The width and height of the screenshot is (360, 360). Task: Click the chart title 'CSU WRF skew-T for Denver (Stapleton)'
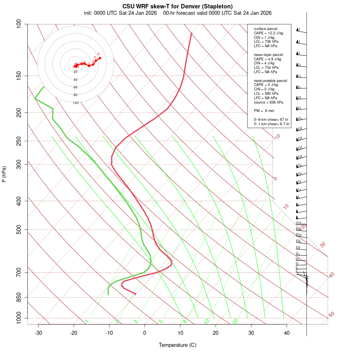point(177,6)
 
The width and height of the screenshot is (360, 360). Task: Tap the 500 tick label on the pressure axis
point(19,230)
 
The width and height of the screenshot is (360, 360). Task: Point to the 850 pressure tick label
point(19,297)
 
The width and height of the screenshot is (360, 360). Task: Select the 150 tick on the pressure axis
point(19,76)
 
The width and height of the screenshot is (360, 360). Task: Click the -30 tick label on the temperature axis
point(38,333)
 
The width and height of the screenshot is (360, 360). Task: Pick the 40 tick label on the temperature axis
point(287,333)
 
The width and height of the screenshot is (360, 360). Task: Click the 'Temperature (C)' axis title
point(178,345)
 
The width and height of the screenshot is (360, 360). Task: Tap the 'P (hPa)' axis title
point(4,174)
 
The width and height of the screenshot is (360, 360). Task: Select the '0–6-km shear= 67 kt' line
point(271,120)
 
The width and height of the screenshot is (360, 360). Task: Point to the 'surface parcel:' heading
point(266,29)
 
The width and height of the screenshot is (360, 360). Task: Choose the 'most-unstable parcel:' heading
point(271,81)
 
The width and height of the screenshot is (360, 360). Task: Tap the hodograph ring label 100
point(76,103)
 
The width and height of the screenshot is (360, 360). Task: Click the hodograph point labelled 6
point(100,58)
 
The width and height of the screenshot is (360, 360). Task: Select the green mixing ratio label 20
point(235,321)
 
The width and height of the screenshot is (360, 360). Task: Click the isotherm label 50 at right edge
point(331,315)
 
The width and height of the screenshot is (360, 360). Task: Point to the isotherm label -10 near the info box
point(277,137)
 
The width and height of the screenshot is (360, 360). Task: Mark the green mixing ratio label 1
point(87,322)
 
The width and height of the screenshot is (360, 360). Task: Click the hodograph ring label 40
point(76,80)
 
